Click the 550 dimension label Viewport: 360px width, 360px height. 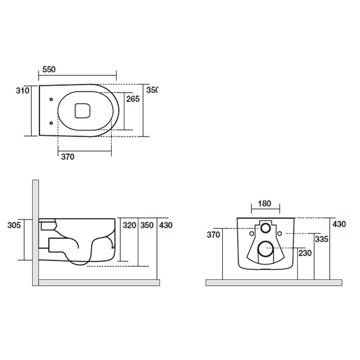click(49, 69)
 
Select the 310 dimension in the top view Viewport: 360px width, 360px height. click(23, 91)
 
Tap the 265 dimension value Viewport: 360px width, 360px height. click(133, 99)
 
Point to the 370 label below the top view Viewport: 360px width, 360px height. click(68, 157)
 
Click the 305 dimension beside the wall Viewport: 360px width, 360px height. click(14, 225)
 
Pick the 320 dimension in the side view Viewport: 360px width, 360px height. click(130, 225)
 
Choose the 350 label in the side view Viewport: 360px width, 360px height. click(147, 225)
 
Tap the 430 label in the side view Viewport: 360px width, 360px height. click(166, 225)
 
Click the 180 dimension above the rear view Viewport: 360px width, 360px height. click(264, 204)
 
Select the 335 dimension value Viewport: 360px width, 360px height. click(321, 239)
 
